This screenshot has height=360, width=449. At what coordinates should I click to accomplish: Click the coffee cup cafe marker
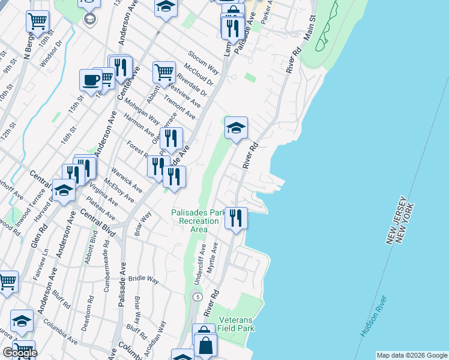[x=91, y=80]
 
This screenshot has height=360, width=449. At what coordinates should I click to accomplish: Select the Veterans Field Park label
[x=237, y=324]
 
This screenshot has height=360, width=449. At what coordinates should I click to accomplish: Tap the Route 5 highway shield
[x=196, y=297]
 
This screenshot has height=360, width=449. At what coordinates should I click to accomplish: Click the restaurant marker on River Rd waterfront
[x=236, y=217]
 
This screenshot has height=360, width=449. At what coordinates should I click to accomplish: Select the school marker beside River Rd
[x=236, y=128]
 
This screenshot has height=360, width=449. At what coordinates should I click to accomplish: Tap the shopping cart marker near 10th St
[x=37, y=22]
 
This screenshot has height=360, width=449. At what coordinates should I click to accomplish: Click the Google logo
[x=20, y=353]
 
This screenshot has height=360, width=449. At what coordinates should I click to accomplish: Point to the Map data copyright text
[x=412, y=355]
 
